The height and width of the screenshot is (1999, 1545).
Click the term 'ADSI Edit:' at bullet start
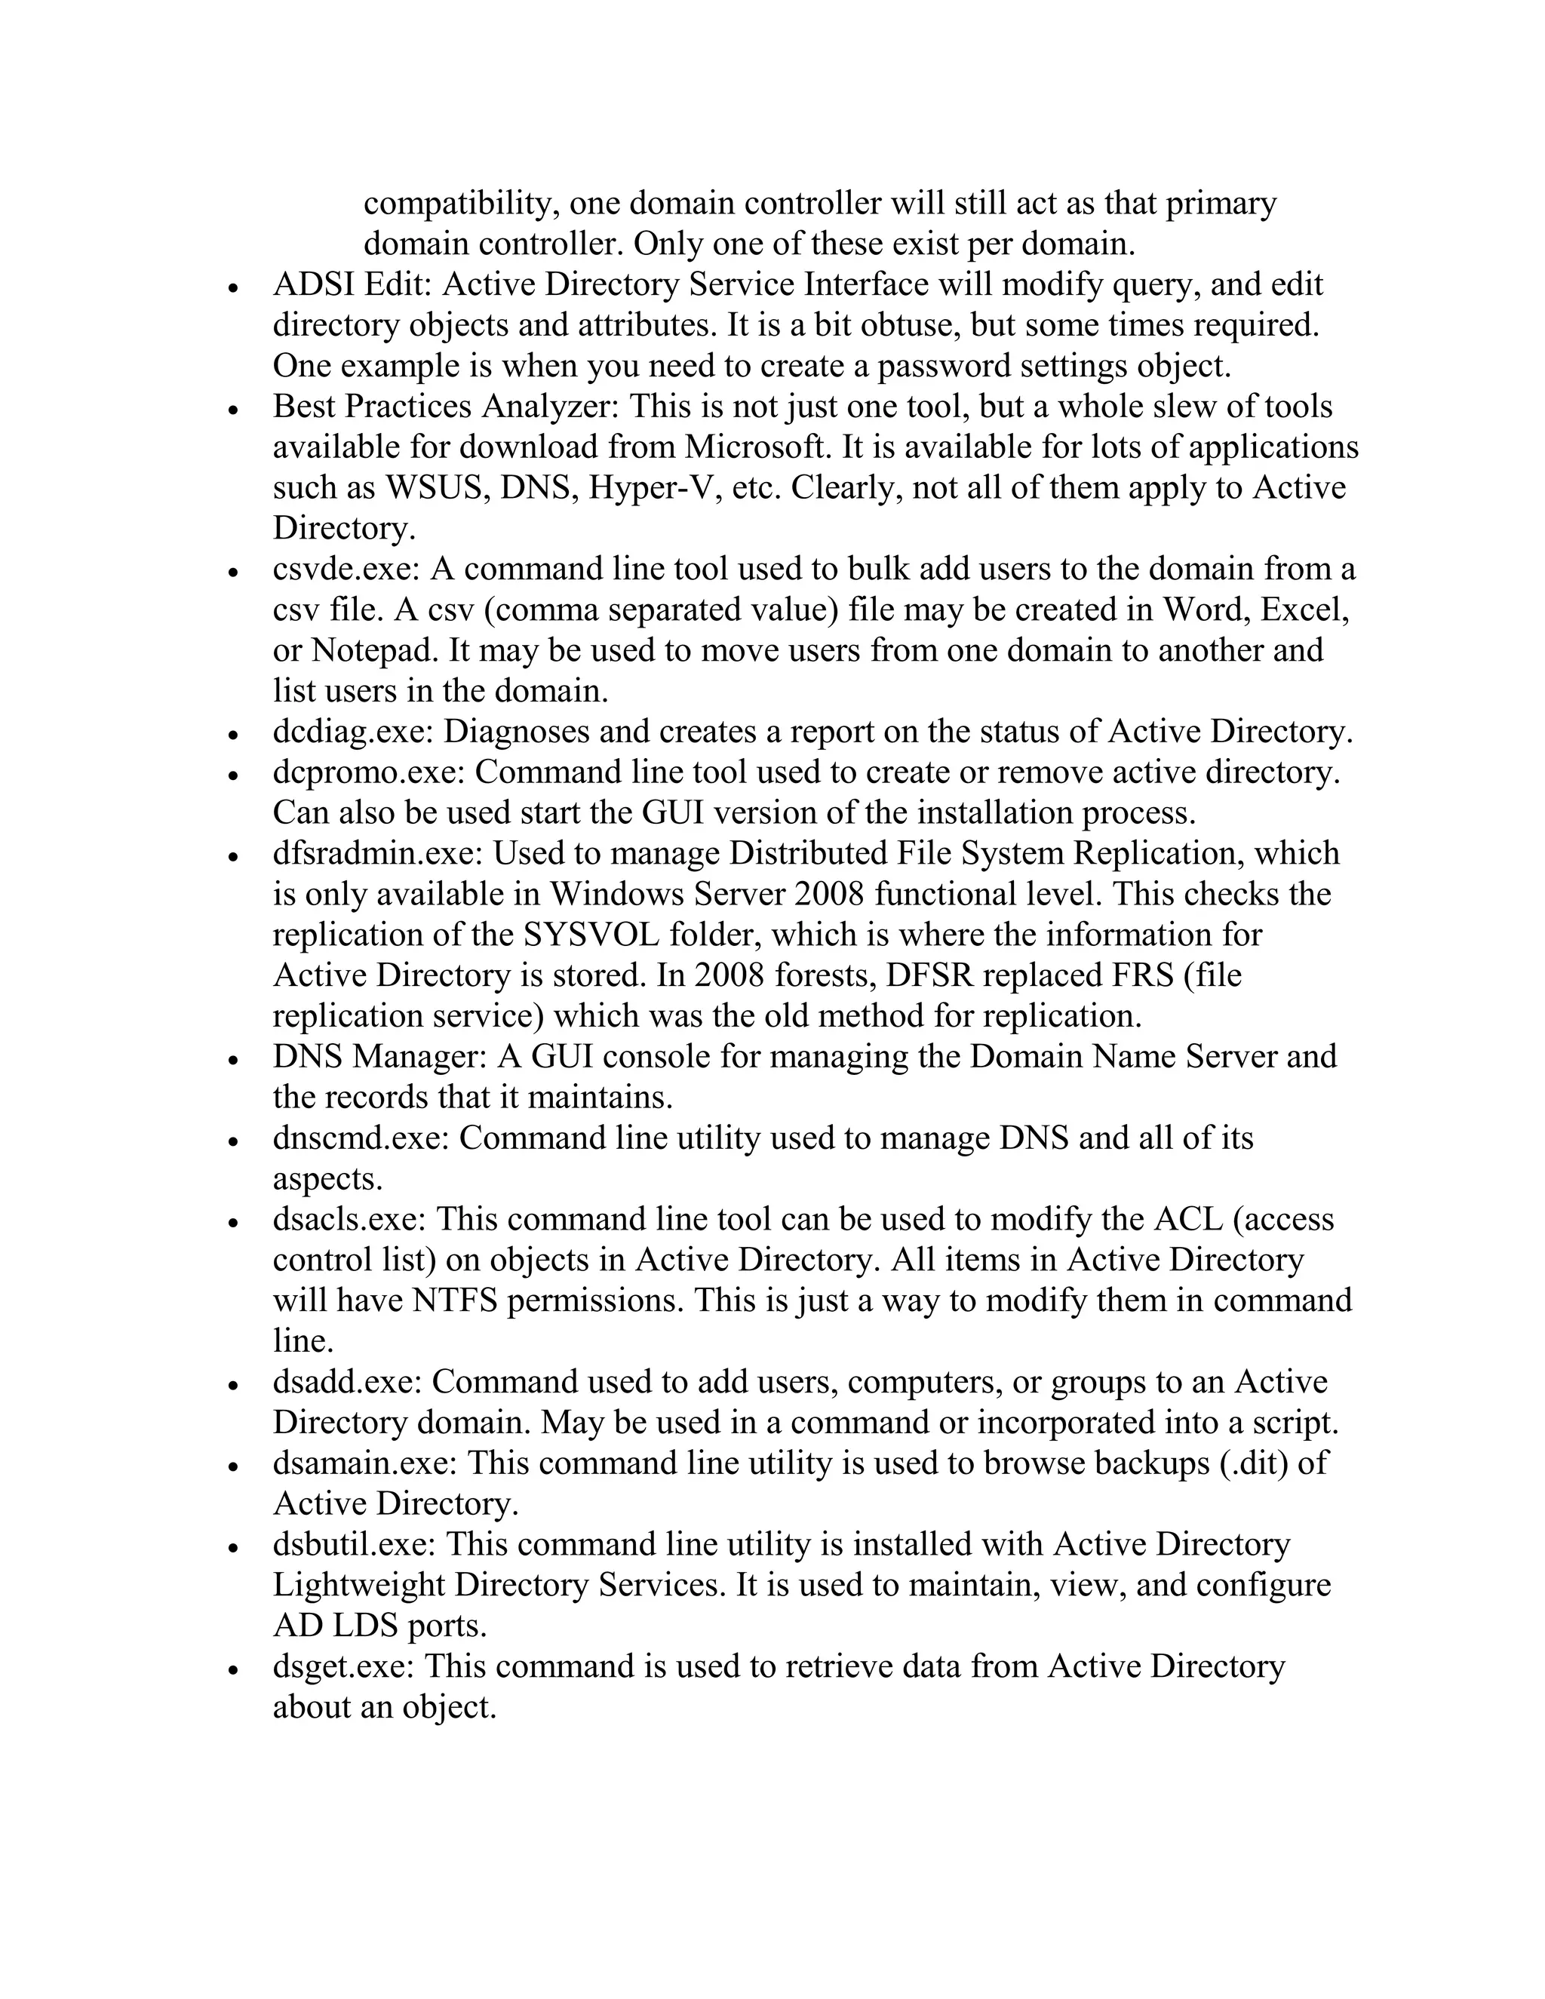352,284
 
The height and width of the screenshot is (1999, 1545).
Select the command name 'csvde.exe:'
346,570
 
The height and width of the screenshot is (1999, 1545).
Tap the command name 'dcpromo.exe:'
368,772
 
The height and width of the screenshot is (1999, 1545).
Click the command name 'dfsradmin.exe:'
377,854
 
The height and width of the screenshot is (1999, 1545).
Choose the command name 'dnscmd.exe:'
360,1138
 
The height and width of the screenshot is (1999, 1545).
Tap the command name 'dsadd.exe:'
347,1382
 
